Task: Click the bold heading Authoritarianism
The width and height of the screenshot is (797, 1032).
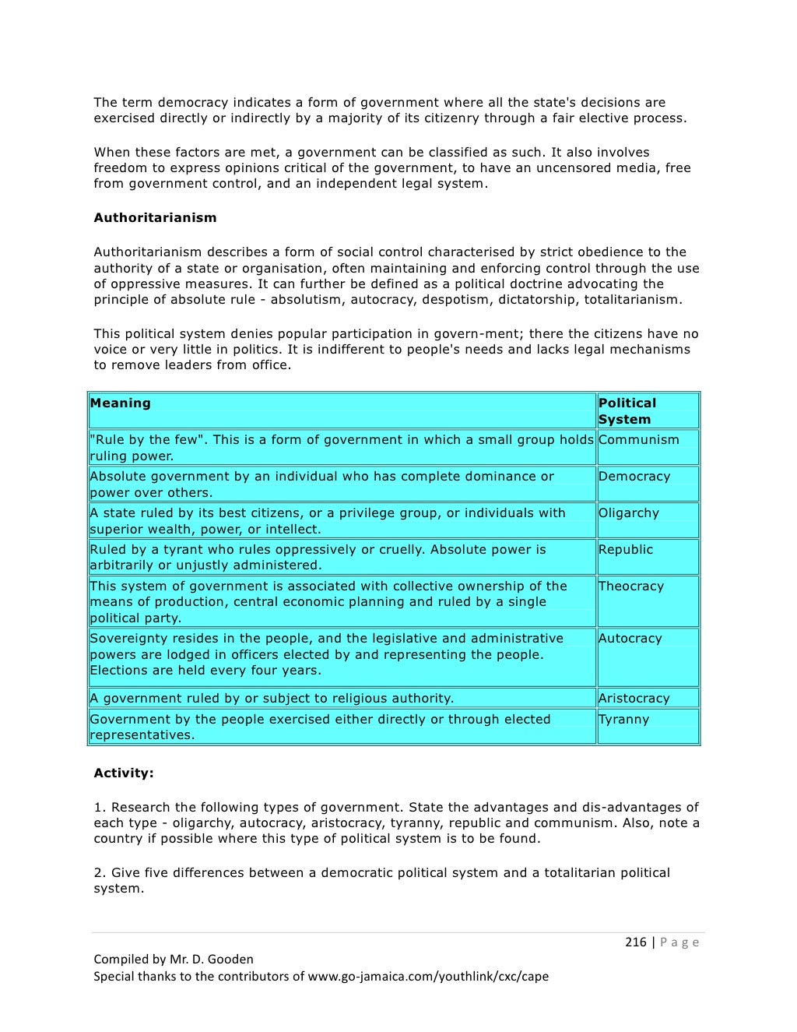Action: coord(155,217)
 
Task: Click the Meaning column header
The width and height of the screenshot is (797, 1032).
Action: coord(121,403)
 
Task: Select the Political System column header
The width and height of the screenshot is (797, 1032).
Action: coord(627,410)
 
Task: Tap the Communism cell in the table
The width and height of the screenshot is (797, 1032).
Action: coord(638,439)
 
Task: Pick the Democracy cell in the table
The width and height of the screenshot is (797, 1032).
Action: coord(634,476)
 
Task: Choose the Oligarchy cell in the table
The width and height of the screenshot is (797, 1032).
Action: coord(628,512)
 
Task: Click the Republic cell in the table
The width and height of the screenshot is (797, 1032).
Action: coord(625,549)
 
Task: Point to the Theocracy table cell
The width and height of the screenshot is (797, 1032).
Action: coord(630,586)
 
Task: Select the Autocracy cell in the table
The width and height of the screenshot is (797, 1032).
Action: coord(630,638)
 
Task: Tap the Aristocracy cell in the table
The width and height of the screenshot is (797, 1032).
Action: coord(634,698)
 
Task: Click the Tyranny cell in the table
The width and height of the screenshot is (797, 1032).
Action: coord(623,719)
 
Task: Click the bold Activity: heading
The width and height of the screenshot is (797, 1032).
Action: coord(124,773)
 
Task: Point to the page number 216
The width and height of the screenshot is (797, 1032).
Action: coord(635,942)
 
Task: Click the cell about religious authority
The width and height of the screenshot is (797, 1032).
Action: coord(272,698)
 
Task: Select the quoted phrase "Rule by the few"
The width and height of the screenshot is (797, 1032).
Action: coord(149,439)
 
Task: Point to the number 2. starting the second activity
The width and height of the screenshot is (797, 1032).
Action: coord(100,872)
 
